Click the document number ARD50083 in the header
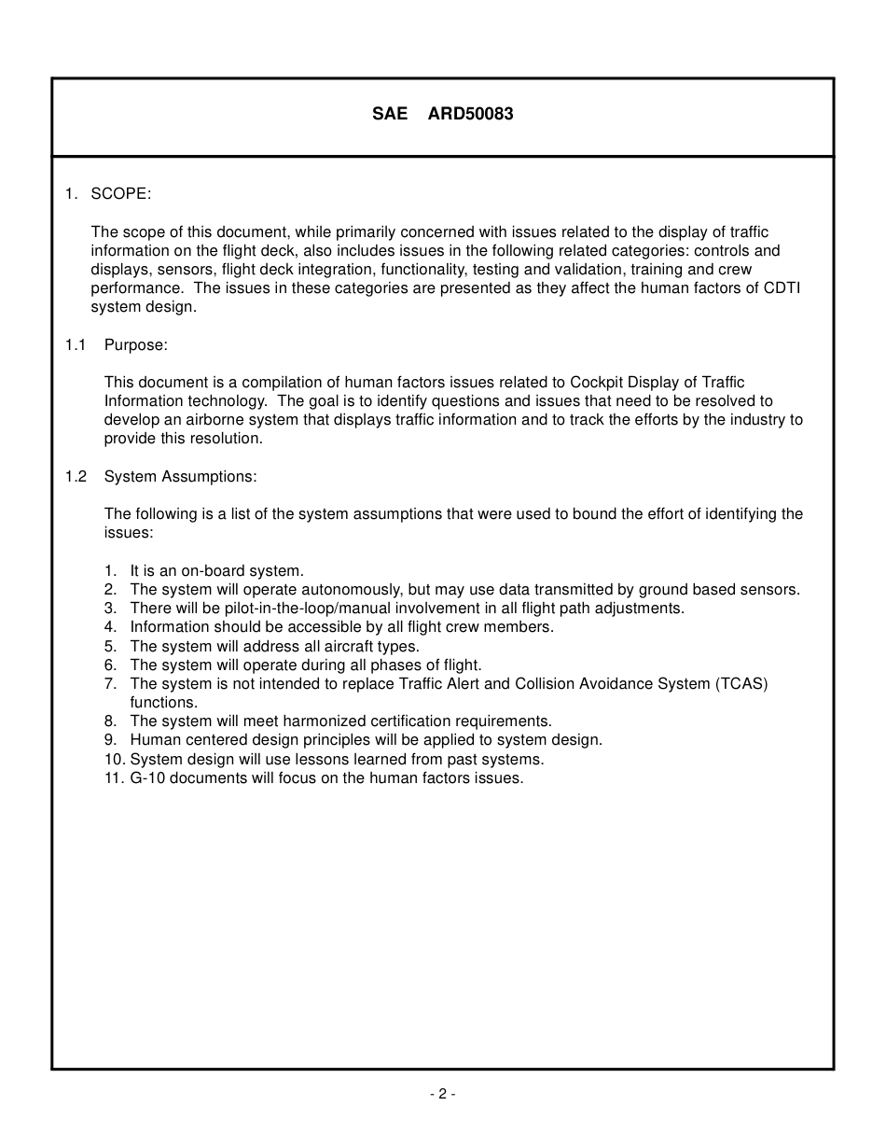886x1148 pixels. tap(470, 115)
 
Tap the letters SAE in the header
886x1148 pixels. tap(390, 115)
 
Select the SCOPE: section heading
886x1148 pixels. tap(120, 194)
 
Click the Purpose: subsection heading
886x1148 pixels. tap(136, 345)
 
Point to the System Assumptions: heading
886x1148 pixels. tap(180, 477)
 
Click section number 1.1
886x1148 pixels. tap(76, 345)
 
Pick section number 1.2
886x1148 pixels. tap(76, 477)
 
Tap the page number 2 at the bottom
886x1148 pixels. tap(442, 1095)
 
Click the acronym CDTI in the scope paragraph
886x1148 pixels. tap(781, 288)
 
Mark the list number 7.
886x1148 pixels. tap(110, 684)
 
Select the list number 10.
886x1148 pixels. tap(114, 760)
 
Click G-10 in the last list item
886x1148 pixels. tap(147, 778)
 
